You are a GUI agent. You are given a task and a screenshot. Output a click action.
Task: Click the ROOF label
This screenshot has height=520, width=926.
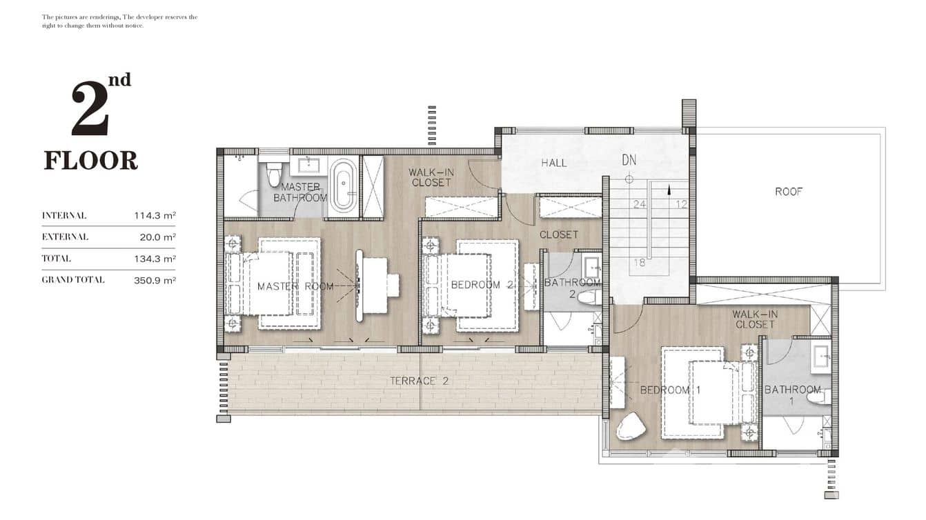(788, 192)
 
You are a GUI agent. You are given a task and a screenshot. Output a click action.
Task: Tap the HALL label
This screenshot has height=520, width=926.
(553, 163)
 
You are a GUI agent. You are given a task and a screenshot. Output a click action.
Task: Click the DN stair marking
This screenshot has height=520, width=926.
(629, 161)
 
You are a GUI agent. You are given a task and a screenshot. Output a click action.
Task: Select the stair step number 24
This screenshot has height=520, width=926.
(639, 204)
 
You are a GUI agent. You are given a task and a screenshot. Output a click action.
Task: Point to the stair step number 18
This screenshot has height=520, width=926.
(639, 262)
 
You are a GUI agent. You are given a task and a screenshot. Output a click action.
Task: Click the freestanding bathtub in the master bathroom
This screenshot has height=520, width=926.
(343, 186)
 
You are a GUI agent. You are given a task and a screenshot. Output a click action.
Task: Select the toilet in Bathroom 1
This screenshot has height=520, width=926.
(818, 396)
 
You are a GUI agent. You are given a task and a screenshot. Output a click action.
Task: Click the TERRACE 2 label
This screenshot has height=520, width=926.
(419, 381)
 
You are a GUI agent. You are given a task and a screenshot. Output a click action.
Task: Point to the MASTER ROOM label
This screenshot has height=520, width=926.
(295, 286)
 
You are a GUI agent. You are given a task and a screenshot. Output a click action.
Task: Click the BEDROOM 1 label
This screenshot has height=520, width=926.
(670, 390)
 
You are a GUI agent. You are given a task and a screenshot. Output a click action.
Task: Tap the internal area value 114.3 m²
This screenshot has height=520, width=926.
(155, 216)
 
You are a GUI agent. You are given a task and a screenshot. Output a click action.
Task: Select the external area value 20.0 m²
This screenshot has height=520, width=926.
(157, 237)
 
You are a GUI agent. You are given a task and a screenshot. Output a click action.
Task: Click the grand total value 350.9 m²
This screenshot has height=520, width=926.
(155, 280)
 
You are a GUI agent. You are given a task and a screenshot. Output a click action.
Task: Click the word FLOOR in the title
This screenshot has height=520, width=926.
(90, 161)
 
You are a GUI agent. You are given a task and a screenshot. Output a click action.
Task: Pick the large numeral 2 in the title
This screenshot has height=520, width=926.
(90, 110)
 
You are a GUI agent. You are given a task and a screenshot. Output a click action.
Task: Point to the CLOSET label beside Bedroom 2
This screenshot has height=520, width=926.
(558, 234)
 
